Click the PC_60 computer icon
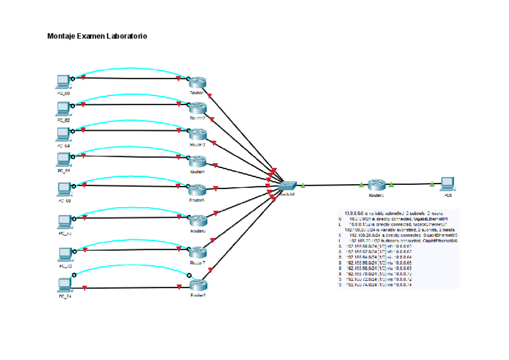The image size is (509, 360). [63, 82]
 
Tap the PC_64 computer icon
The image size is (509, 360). [63, 134]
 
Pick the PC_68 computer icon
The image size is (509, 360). [63, 188]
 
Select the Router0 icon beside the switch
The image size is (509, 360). [376, 185]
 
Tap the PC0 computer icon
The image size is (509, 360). [447, 184]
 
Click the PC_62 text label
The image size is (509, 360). [64, 121]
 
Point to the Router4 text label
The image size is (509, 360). [197, 172]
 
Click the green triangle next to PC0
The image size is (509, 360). [432, 185]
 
